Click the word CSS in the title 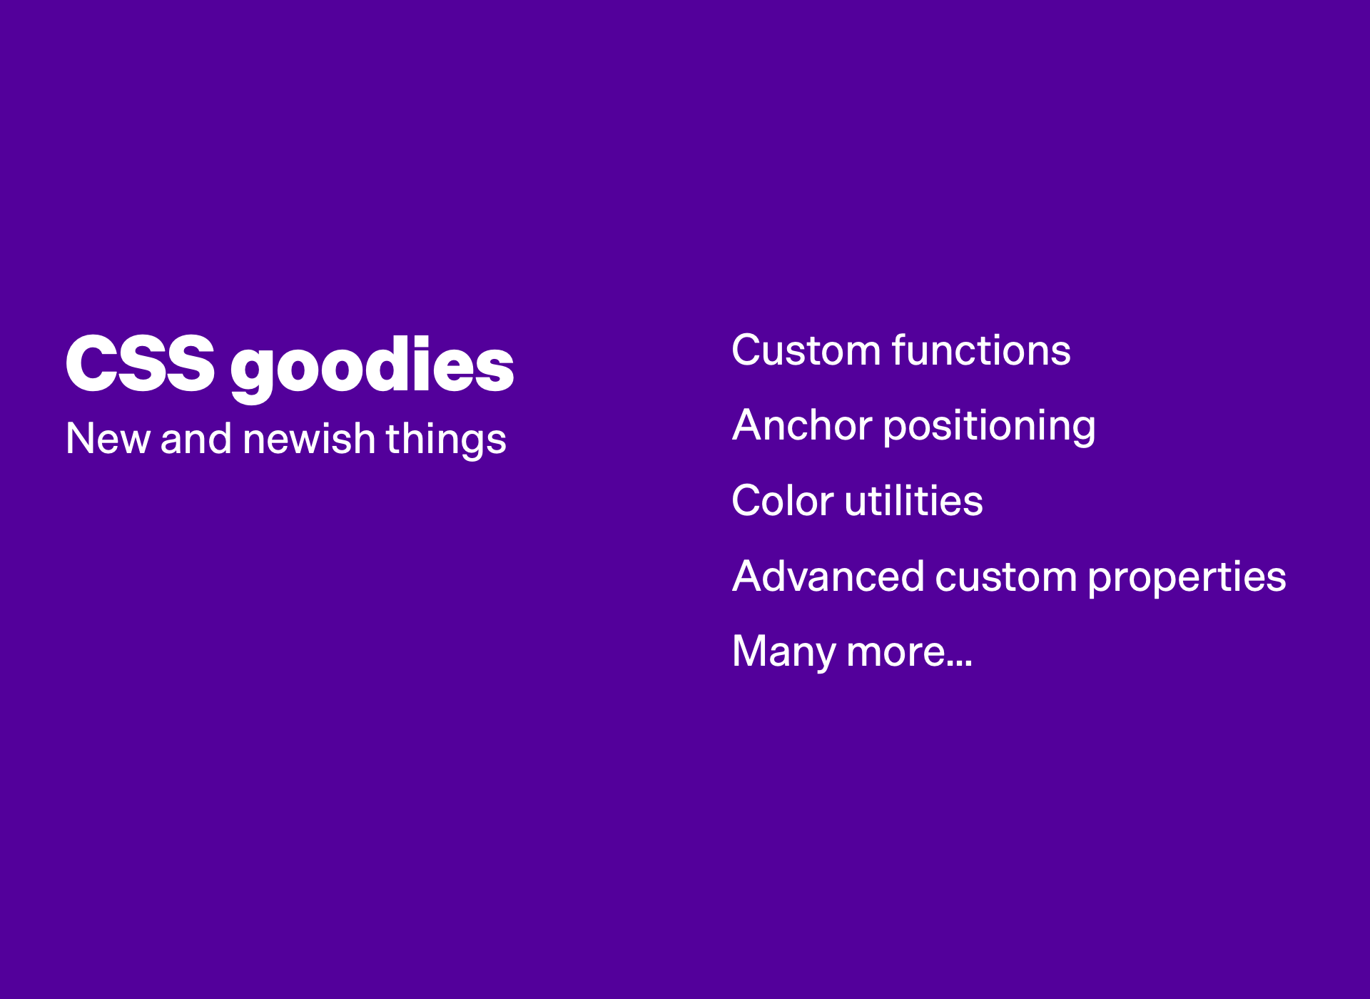(x=141, y=364)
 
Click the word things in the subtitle (x=446, y=440)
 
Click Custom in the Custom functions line (x=806, y=350)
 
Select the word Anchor (x=803, y=425)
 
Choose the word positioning (x=990, y=427)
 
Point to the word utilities (x=914, y=500)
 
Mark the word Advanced (x=828, y=576)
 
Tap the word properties (x=1187, y=578)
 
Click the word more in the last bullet (x=896, y=653)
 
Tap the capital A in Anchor (x=749, y=425)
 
